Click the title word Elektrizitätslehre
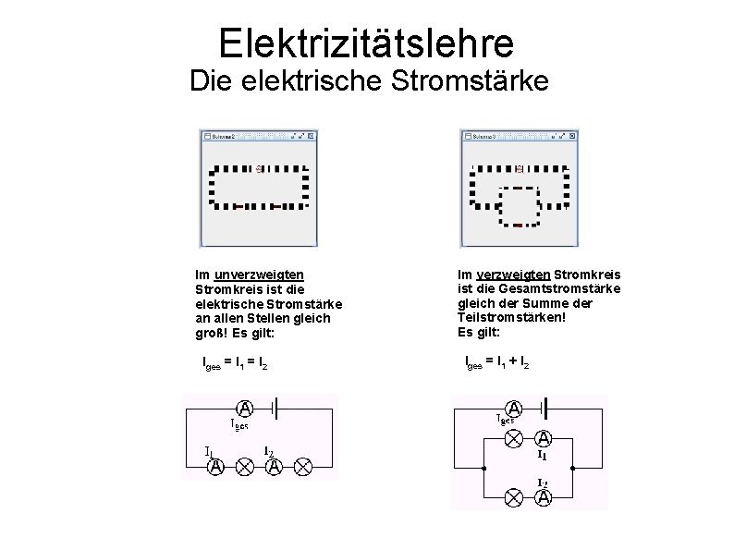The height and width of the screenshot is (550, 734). [x=367, y=43]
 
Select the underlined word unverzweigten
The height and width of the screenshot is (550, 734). [x=259, y=275]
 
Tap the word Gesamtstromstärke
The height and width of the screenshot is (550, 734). [x=564, y=289]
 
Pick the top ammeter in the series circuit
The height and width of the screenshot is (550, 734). [x=246, y=408]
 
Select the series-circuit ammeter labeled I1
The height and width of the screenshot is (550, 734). [x=215, y=467]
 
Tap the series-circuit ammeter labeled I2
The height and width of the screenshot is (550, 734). [x=273, y=467]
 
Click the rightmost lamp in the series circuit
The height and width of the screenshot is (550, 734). [x=301, y=467]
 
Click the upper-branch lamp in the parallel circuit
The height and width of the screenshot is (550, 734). [x=515, y=439]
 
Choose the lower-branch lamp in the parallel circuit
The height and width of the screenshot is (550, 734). [x=515, y=496]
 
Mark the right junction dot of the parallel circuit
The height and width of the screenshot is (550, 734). [x=573, y=467]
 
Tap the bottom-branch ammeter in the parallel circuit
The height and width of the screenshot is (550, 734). [x=544, y=497]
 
